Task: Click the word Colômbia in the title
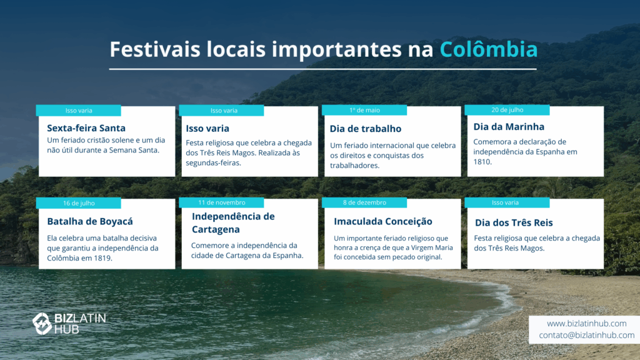click(x=489, y=49)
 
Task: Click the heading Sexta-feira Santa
click(x=86, y=128)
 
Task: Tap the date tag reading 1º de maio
click(x=364, y=110)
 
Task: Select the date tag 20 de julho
click(x=507, y=110)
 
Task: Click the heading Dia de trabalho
click(x=365, y=129)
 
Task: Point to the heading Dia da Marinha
click(x=509, y=126)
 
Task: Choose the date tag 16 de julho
click(x=78, y=203)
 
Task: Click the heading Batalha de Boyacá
click(x=90, y=221)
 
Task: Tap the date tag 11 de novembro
click(x=222, y=202)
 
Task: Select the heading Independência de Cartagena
click(x=233, y=223)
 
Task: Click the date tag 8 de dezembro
click(x=364, y=202)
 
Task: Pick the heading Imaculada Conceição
click(x=383, y=221)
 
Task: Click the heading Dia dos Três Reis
click(x=514, y=222)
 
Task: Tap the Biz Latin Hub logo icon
click(x=42, y=324)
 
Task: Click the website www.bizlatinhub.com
click(x=586, y=323)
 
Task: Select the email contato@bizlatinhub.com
click(x=586, y=335)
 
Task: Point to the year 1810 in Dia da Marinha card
click(x=482, y=162)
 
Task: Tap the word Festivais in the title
click(x=155, y=49)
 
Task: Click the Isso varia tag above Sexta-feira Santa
click(x=78, y=111)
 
